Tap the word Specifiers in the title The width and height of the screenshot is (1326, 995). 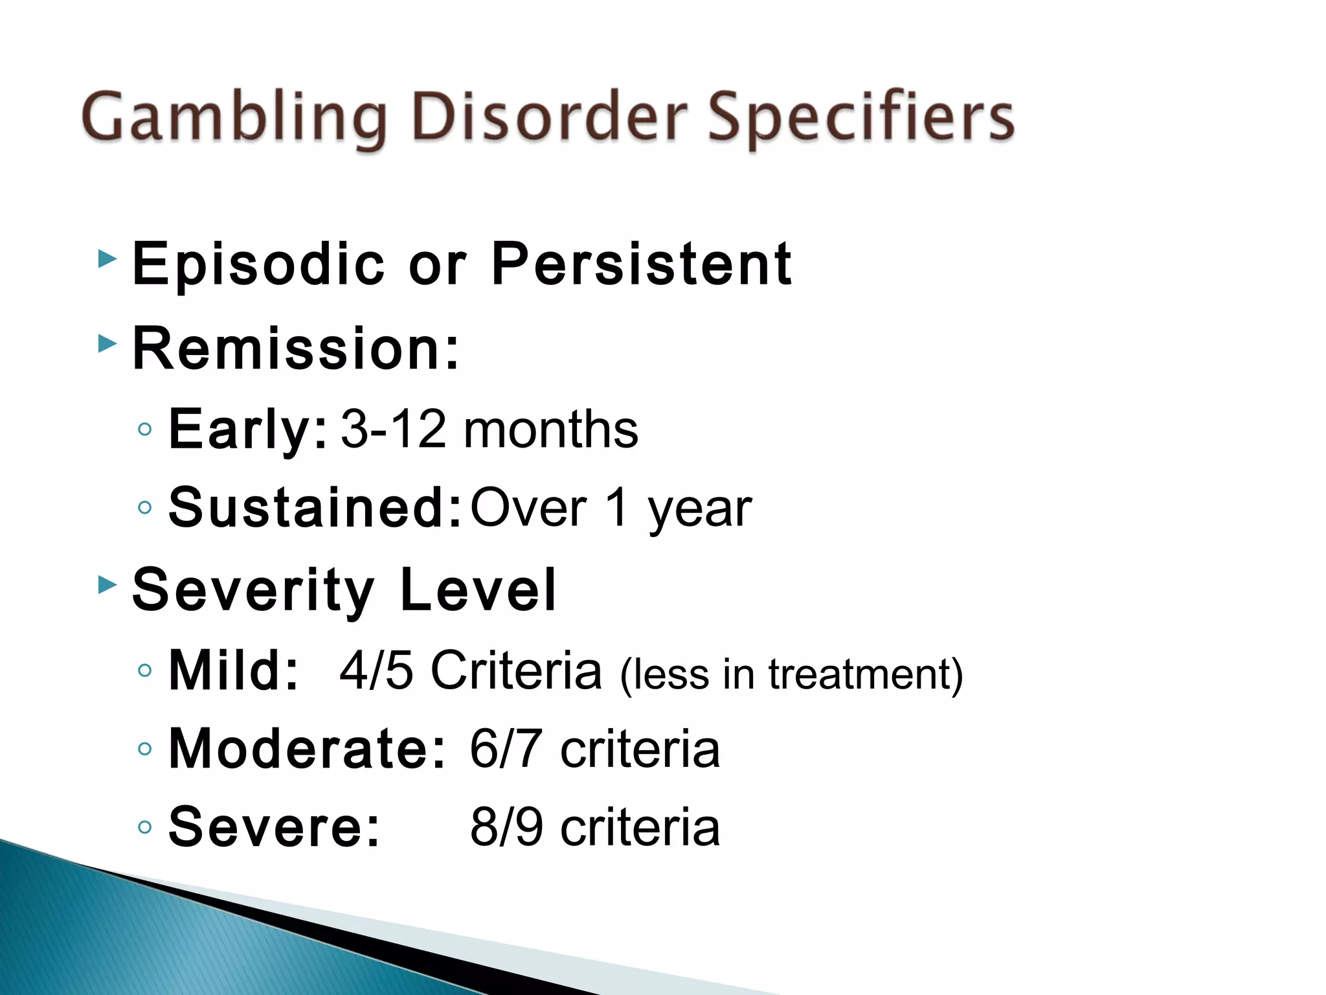[x=861, y=118]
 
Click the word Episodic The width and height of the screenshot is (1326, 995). [x=258, y=264]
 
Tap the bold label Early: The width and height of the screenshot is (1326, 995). [x=248, y=429]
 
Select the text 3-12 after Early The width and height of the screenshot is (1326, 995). [x=393, y=429]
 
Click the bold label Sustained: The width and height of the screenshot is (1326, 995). [x=315, y=507]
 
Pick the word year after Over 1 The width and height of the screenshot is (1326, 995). [x=699, y=509]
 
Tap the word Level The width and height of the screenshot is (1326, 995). [x=478, y=589]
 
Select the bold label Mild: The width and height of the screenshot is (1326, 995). [x=233, y=671]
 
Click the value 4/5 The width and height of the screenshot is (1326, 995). [x=376, y=670]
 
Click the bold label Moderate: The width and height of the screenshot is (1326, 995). [x=307, y=749]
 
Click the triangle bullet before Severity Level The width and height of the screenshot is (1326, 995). [x=107, y=585]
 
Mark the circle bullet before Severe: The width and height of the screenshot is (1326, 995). [x=145, y=827]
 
